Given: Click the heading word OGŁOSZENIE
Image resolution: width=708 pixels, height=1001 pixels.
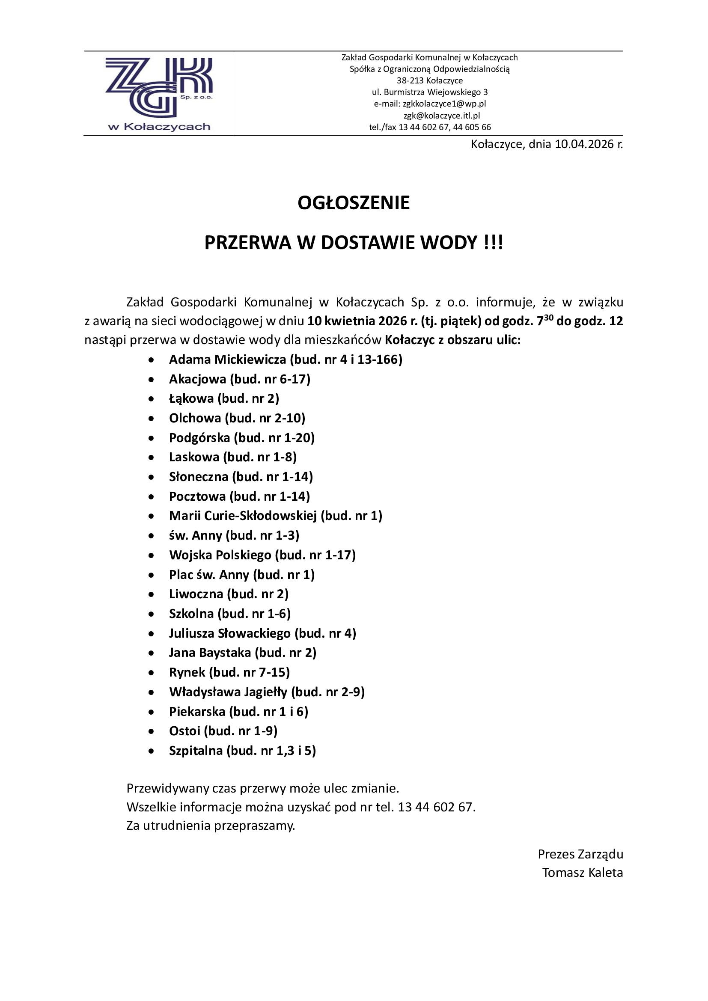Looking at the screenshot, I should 354,203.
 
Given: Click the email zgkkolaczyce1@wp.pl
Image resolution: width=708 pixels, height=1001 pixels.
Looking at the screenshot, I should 444,104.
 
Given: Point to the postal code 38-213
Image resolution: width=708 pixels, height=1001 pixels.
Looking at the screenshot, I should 410,80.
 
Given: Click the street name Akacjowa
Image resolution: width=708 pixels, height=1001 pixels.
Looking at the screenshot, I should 197,379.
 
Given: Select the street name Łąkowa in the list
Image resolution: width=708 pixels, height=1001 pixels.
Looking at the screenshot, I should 191,398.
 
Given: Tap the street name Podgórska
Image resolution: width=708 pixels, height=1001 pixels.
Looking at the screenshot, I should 199,438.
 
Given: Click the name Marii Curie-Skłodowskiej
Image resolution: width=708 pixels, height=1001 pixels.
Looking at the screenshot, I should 243,516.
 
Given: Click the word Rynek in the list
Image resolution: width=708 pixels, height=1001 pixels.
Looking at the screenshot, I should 187,672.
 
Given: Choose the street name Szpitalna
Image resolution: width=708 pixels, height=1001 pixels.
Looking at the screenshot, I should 196,750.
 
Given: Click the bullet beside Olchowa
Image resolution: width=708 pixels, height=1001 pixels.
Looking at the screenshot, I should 151,419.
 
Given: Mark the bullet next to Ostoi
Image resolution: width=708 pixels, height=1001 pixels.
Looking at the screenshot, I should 151,731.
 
